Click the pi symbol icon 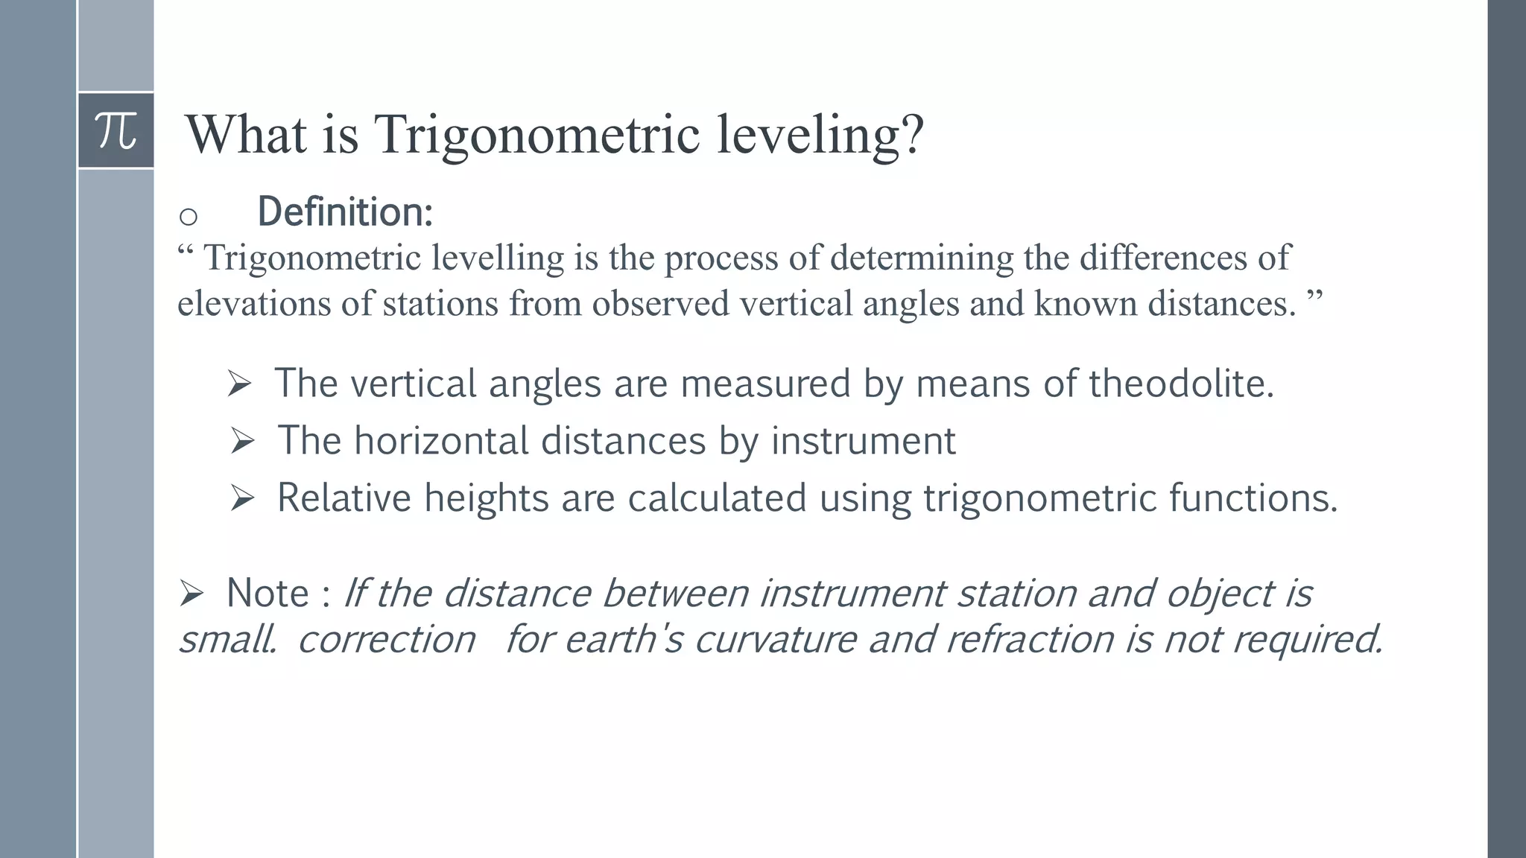116,131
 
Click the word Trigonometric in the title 536,135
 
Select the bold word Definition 344,212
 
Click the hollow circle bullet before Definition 189,217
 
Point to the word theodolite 1181,384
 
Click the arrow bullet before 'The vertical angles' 239,384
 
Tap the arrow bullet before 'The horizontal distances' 242,441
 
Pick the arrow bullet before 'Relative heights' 242,498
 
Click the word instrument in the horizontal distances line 863,441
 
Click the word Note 267,594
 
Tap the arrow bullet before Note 191,594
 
